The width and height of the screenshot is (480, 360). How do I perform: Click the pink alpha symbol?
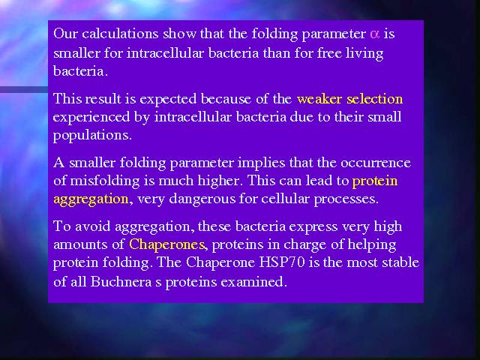point(374,34)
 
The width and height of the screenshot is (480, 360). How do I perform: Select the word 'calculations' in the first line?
point(120,33)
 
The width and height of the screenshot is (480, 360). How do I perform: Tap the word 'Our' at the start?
point(65,33)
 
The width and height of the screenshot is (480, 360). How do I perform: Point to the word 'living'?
point(364,53)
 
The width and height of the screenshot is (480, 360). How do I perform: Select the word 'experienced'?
point(91,118)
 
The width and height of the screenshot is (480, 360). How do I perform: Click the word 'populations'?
point(91,136)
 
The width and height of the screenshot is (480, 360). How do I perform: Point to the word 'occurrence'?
point(376,163)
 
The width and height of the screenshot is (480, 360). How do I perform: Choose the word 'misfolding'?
point(105,181)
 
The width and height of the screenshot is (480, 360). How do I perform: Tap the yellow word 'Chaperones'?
point(166,244)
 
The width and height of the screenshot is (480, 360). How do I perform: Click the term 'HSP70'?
point(282,262)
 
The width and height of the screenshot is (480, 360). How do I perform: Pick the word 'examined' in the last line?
point(253,282)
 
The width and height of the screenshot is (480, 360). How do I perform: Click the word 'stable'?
point(400,262)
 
